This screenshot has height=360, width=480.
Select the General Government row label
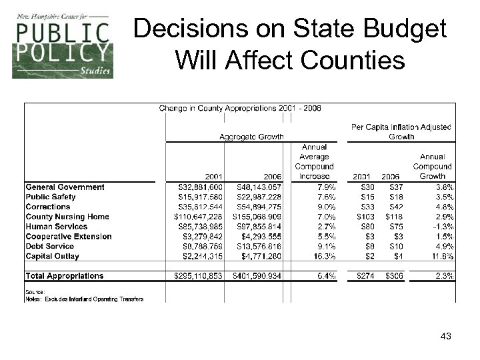pyautogui.click(x=65, y=187)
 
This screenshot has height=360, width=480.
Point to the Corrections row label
pyautogui.click(x=47, y=207)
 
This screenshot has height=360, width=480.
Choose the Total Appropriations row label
pyautogui.click(x=65, y=275)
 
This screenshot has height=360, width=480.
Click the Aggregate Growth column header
pyautogui.click(x=248, y=137)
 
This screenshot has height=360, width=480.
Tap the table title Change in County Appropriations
pyautogui.click(x=239, y=109)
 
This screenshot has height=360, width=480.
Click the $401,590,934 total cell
pyautogui.click(x=257, y=275)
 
